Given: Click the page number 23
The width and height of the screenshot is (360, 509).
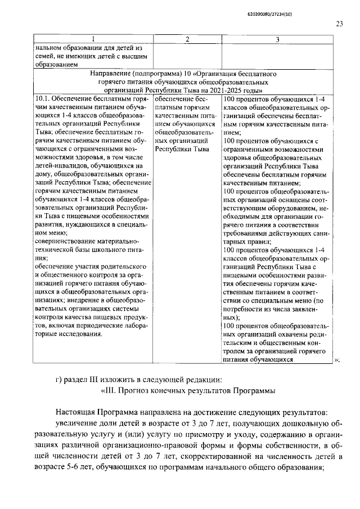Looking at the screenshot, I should pos(339,23).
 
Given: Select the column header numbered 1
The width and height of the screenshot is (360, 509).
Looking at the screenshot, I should pos(93,39).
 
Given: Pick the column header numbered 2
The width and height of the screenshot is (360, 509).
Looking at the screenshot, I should pos(187,39).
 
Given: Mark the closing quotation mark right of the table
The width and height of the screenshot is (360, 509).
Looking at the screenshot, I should pos(337,361).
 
